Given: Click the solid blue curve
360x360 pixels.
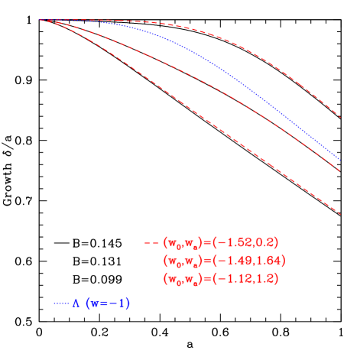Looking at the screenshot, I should pyautogui.click(x=229, y=73).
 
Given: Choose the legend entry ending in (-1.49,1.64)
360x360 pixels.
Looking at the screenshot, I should pyautogui.click(x=224, y=261).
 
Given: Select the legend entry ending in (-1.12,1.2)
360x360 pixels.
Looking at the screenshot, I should pyautogui.click(x=221, y=279).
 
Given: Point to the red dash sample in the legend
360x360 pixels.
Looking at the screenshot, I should pyautogui.click(x=151, y=243).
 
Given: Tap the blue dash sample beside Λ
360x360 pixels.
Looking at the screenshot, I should pyautogui.click(x=61, y=304).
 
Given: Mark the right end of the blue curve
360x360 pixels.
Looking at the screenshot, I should pyautogui.click(x=340, y=160).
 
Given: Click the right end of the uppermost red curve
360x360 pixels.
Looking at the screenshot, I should pyautogui.click(x=340, y=118).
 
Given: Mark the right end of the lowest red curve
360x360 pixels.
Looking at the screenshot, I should pyautogui.click(x=340, y=214).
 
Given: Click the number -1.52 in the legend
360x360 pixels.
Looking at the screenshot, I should pyautogui.click(x=234, y=242).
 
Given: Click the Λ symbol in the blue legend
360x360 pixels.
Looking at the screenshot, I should pyautogui.click(x=76, y=303).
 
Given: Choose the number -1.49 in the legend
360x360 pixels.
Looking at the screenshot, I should pyautogui.click(x=234, y=261).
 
